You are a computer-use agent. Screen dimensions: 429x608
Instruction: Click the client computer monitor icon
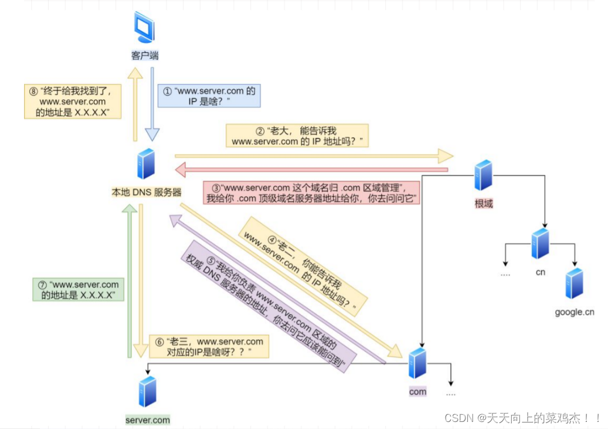click(x=144, y=28)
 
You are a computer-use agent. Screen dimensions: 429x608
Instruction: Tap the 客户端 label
click(x=144, y=56)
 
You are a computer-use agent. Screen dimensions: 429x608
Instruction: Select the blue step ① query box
click(x=209, y=96)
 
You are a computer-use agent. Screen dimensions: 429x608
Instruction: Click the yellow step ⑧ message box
click(x=73, y=101)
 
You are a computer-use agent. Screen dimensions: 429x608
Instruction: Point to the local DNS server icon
click(x=146, y=164)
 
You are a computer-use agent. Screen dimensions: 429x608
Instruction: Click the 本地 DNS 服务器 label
click(x=146, y=192)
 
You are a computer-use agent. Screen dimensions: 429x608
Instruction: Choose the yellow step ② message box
click(x=297, y=136)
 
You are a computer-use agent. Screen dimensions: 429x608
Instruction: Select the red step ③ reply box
click(x=313, y=193)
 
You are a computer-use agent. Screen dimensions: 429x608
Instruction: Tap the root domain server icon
click(x=484, y=175)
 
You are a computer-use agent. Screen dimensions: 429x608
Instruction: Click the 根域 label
click(x=484, y=204)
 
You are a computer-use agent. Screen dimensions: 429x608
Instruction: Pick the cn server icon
click(x=540, y=244)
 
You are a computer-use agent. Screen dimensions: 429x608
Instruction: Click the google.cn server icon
click(x=575, y=284)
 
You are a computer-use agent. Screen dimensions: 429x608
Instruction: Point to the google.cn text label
click(x=575, y=312)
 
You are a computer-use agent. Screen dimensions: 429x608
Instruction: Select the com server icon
click(x=417, y=364)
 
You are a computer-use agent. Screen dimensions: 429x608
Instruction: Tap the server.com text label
click(x=148, y=420)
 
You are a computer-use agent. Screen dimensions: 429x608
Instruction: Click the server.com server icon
click(x=148, y=391)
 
